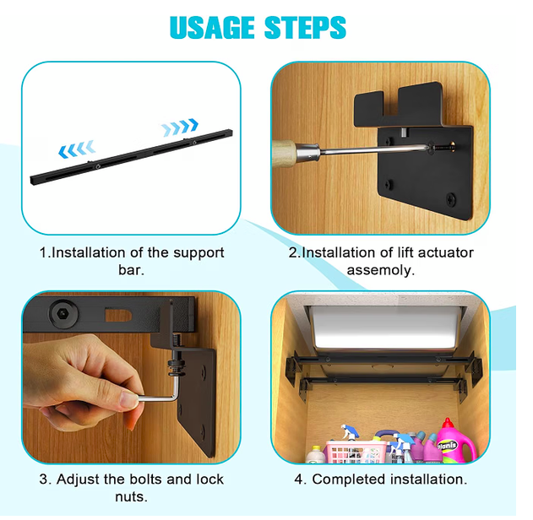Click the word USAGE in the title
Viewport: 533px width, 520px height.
[x=212, y=27]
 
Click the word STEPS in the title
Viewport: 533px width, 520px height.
[x=305, y=27]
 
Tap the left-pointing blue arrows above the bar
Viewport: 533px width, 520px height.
[x=77, y=149]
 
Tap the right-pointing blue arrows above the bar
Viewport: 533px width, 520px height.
[x=179, y=127]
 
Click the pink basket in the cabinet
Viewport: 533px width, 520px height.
[x=355, y=452]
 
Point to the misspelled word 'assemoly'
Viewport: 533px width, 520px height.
[x=380, y=271]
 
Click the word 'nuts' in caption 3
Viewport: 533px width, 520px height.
[x=131, y=497]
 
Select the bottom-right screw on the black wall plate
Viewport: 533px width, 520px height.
[x=451, y=199]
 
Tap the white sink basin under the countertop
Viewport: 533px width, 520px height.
[x=387, y=328]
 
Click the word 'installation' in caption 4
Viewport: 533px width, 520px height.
[x=428, y=479]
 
